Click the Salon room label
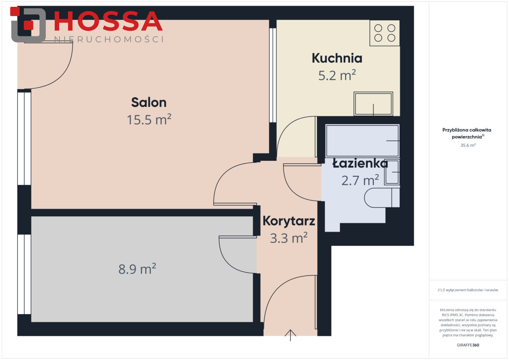point(149,103)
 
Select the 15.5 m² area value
point(149,120)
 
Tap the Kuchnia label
point(337,58)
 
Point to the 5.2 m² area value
point(337,75)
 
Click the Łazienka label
point(360,163)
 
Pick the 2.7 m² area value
point(360,180)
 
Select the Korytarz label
point(289,221)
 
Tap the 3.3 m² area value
point(289,238)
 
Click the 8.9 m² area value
point(137,269)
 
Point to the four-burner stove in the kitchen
point(385,33)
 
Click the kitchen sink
point(373,104)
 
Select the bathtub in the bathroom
point(362,141)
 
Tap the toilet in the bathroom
point(382,198)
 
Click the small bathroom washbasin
point(392,172)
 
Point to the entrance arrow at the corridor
point(291,335)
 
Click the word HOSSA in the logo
point(109,21)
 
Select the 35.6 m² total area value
point(468,145)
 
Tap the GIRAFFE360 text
point(468,345)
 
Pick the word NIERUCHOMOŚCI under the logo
point(109,39)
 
